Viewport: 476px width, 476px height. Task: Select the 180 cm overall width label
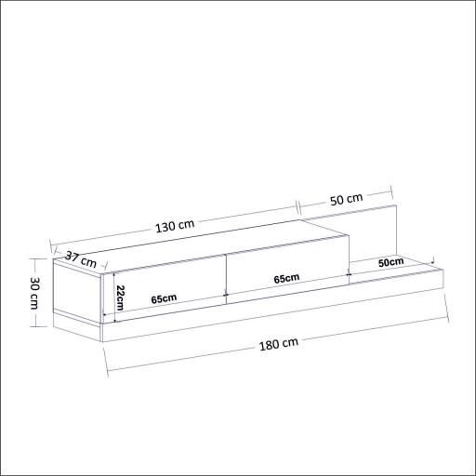coord(278,343)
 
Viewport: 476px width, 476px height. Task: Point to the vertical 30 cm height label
coord(33,295)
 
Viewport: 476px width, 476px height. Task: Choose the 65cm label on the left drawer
coord(163,298)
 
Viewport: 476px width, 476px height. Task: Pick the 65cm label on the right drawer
coord(286,279)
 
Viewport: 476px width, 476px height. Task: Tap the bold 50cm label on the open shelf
coord(390,263)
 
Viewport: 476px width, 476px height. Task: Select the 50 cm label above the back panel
coord(345,200)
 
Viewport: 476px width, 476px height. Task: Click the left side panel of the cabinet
coord(77,293)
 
